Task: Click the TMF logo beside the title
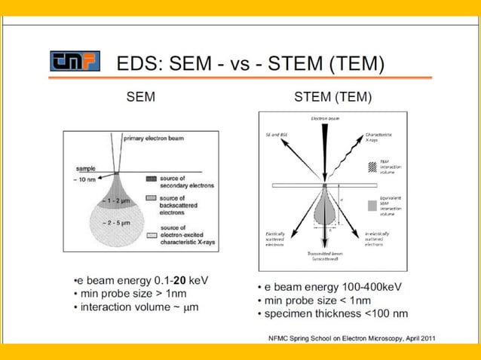(x=74, y=62)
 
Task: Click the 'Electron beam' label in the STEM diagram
(x=324, y=119)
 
